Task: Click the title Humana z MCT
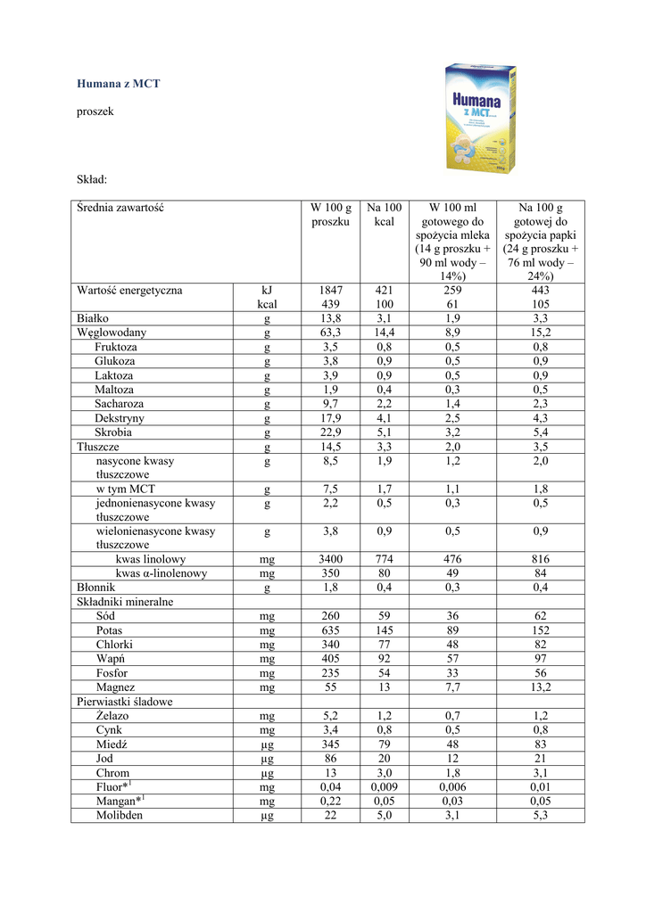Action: pos(119,84)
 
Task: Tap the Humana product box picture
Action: pos(484,118)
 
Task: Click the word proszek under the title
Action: pos(95,112)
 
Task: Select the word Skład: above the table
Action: pos(92,181)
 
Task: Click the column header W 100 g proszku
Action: pos(331,215)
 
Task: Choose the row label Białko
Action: pos(93,318)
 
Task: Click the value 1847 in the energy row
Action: pos(331,291)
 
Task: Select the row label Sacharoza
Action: pos(120,404)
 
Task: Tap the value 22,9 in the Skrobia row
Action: pos(331,432)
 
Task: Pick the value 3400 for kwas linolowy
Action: pos(331,560)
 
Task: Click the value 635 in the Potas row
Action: pos(331,630)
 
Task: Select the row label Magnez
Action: pos(116,687)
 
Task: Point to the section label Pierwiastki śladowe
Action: pos(125,702)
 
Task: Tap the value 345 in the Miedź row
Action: pos(331,744)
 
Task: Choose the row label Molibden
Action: pos(120,816)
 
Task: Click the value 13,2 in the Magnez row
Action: pos(540,687)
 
